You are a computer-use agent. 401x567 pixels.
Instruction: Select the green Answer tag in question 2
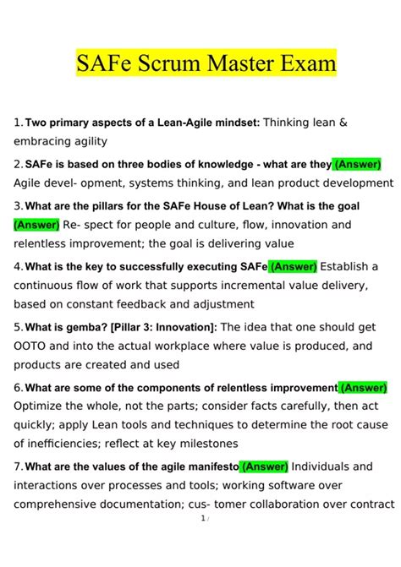click(358, 164)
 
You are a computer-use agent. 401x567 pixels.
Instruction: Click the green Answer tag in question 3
click(36, 225)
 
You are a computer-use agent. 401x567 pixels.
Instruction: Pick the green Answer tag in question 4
click(293, 266)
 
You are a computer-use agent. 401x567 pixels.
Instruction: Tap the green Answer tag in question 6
click(364, 388)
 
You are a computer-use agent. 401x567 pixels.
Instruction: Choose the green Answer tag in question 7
click(265, 466)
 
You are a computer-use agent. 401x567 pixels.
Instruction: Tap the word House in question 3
click(225, 205)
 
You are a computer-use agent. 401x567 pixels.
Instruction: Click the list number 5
click(17, 327)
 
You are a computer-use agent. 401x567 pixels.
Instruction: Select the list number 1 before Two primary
click(17, 123)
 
